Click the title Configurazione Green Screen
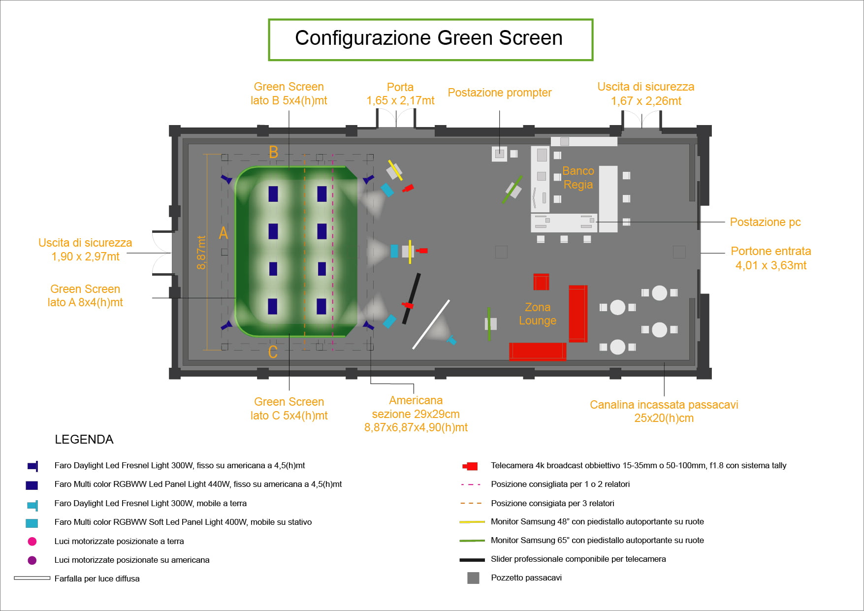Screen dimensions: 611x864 429,38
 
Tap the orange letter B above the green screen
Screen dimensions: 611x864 274,152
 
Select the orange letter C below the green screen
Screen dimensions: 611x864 273,352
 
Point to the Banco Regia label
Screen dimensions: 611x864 578,178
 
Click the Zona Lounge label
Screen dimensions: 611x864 538,314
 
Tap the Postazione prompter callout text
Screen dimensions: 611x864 499,93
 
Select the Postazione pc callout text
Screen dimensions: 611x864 765,222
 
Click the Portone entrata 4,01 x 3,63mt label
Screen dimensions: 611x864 771,258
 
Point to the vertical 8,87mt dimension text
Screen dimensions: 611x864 201,253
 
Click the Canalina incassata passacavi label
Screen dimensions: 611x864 664,411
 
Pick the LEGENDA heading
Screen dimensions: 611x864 84,440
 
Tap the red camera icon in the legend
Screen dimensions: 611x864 471,466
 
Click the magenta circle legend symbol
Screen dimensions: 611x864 32,542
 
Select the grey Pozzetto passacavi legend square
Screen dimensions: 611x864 473,578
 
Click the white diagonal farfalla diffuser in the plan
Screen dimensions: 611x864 431,324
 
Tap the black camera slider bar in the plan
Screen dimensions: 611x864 412,298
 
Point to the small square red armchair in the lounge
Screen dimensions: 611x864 541,282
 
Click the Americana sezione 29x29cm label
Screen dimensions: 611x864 416,414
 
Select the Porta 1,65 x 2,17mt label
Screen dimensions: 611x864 400,94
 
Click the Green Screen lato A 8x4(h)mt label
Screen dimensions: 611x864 85,295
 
